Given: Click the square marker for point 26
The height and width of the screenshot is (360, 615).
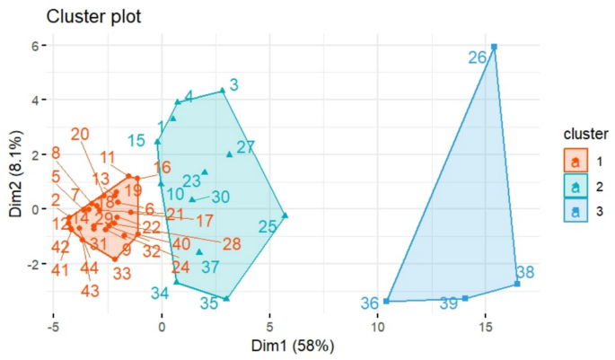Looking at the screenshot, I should pos(494,47).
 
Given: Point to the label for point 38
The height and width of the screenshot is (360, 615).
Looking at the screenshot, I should pos(525,272).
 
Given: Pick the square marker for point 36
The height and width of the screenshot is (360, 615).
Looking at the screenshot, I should pos(386,301).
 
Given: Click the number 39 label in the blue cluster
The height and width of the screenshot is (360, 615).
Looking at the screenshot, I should pos(449,304).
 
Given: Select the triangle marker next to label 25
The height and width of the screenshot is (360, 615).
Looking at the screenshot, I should pos(285,215).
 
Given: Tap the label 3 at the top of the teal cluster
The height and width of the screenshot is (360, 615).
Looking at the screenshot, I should pos(233,85).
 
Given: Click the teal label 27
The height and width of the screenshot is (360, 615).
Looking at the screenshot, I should pos(246,147).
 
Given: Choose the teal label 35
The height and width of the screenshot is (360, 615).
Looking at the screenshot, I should pos(209,303).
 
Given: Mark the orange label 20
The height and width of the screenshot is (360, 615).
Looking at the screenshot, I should pos(80,135).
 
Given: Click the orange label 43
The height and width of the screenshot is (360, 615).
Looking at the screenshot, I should pos(90,291).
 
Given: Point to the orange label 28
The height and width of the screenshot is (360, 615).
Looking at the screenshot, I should pos(232,243).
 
